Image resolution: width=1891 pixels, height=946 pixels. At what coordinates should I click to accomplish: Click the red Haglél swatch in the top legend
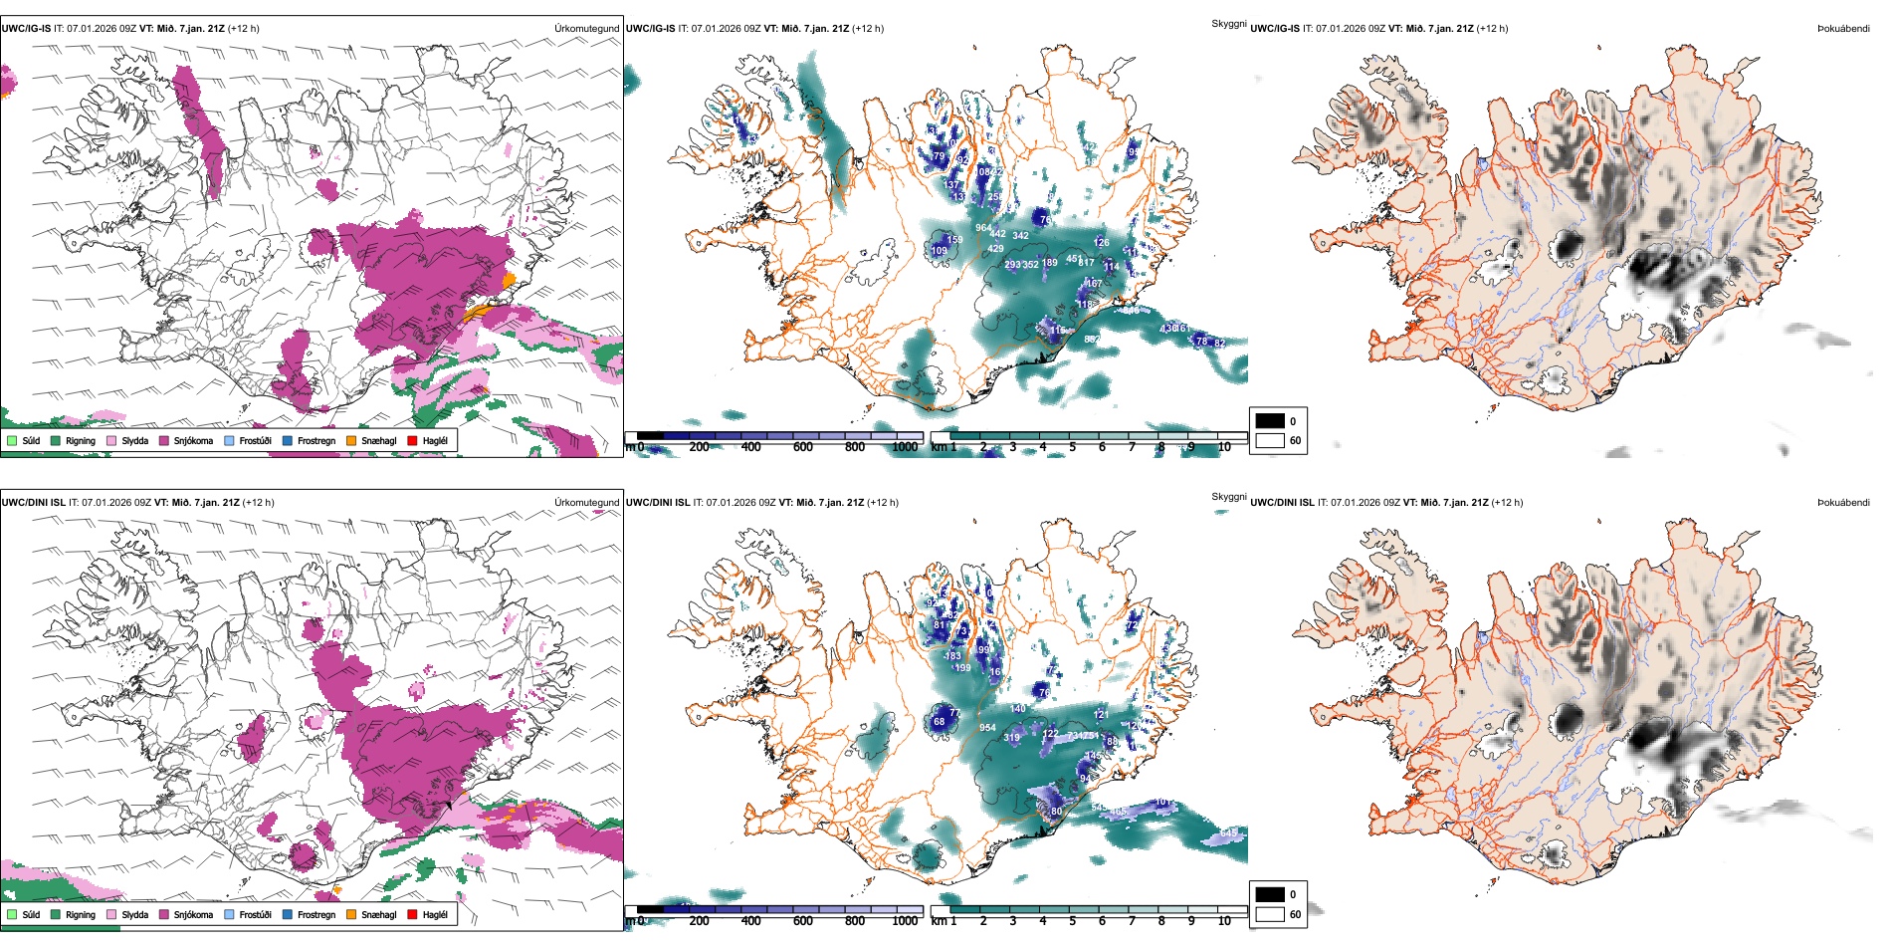pos(412,440)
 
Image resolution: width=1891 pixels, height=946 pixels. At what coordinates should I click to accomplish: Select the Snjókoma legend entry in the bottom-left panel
pos(193,914)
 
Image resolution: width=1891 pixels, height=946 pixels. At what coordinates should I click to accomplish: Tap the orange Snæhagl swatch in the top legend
pos(351,440)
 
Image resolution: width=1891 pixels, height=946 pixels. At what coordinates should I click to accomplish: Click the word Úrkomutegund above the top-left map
pos(586,28)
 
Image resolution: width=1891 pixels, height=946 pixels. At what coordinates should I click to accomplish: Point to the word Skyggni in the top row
pos(1228,23)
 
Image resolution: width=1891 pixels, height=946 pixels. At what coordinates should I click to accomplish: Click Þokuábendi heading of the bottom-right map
pos(1843,502)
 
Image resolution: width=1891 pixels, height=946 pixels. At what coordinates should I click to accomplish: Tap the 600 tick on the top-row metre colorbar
pos(802,447)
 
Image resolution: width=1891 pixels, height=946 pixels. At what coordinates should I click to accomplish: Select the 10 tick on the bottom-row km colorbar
pos(1223,921)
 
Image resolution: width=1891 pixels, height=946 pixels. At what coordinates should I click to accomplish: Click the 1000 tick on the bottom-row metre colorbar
pos(905,921)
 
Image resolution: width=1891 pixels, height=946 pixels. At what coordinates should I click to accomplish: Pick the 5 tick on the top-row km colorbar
pos(1072,447)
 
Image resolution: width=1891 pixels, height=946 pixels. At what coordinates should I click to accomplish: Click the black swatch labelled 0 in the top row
pos(1270,420)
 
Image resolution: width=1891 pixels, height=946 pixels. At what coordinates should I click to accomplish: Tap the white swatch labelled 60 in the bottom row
pos(1270,913)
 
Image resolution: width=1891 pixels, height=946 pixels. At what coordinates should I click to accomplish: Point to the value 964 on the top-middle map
pos(982,228)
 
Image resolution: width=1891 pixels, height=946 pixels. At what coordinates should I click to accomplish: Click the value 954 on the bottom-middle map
pos(987,728)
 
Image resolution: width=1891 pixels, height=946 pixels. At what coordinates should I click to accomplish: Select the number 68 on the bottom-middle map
pos(939,722)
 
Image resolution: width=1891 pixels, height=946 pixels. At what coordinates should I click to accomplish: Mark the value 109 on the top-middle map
pos(939,251)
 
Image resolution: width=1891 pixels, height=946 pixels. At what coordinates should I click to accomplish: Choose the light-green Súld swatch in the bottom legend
pos(12,914)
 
